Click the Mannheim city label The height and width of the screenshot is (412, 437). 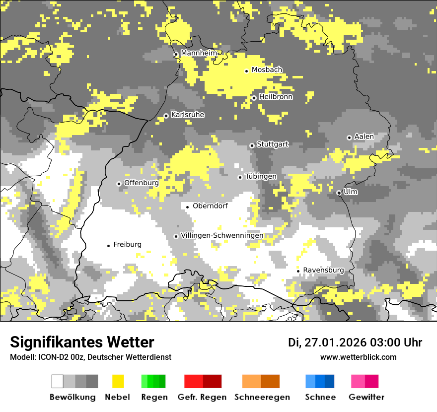click(x=199, y=53)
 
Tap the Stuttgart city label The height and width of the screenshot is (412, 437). click(x=273, y=144)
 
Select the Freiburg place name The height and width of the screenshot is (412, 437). click(x=128, y=245)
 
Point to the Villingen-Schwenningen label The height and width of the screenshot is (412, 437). click(x=222, y=235)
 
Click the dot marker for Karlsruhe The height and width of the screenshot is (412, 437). click(x=166, y=116)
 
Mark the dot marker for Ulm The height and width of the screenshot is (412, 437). click(x=339, y=193)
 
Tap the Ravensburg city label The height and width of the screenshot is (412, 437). click(x=323, y=270)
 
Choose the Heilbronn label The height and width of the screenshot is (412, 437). click(x=276, y=97)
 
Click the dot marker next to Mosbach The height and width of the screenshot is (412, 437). click(x=246, y=71)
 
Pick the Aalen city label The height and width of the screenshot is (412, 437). click(x=364, y=137)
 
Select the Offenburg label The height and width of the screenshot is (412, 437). click(x=142, y=183)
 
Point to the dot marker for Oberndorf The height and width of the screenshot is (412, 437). click(x=187, y=207)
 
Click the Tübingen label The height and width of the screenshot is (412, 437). click(x=261, y=177)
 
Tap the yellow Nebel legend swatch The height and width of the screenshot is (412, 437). click(x=118, y=381)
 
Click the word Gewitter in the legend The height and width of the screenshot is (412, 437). click(x=366, y=397)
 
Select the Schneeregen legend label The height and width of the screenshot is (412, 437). click(x=262, y=397)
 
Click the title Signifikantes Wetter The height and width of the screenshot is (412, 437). click(x=82, y=342)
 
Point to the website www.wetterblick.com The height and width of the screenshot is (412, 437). click(x=359, y=357)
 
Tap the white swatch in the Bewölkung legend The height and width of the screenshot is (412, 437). click(x=58, y=381)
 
